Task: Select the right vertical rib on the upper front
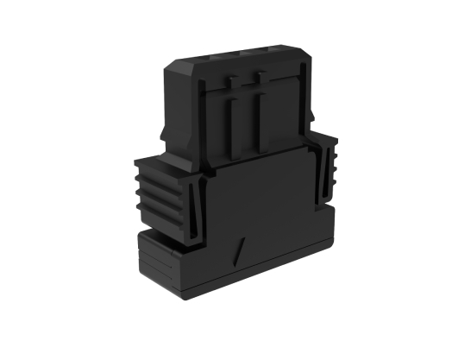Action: (256, 123)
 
